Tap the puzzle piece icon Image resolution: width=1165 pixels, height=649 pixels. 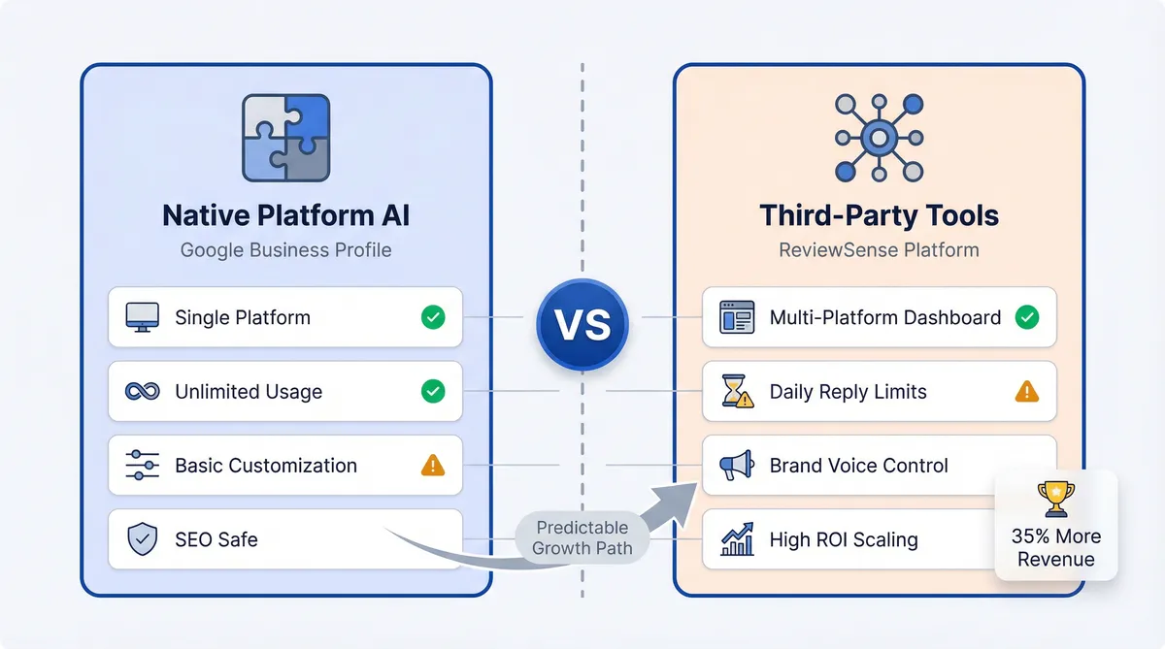(285, 138)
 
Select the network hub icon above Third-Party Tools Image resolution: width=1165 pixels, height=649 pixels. (879, 139)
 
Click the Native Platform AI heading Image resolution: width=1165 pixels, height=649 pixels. (285, 214)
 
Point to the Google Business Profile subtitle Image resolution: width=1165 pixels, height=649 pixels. (285, 250)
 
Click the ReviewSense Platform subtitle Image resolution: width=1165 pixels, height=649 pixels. (879, 250)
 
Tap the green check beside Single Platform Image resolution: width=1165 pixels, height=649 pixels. (433, 317)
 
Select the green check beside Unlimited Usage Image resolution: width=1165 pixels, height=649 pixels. (433, 392)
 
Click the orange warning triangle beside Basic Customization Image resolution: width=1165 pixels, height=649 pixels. (433, 466)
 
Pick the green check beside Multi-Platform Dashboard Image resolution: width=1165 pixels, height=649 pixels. (1026, 317)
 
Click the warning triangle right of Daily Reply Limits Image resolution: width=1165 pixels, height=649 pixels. (1026, 392)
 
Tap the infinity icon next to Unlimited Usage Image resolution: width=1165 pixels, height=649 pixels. (142, 392)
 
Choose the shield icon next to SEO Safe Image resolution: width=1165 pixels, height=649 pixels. (142, 539)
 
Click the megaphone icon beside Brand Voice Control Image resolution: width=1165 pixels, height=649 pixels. (737, 466)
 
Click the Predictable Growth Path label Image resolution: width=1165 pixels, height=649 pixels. (582, 537)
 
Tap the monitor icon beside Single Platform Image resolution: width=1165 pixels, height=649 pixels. (142, 317)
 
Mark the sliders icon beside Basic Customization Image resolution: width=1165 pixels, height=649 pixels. (142, 466)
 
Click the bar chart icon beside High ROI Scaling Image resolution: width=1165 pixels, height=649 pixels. (737, 539)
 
